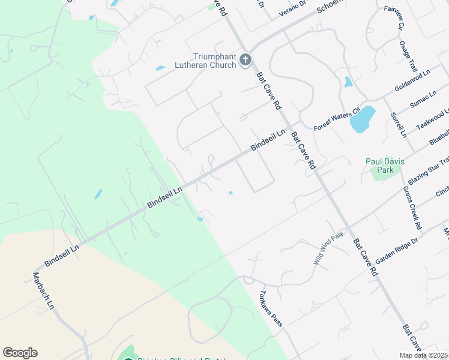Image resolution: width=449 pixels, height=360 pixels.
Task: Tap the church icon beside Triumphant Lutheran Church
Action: click(245, 59)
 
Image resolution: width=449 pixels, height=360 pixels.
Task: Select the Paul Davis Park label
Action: click(385, 166)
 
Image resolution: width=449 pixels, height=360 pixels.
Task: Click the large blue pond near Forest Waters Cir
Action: click(363, 119)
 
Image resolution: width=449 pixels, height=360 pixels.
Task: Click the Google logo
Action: click(20, 353)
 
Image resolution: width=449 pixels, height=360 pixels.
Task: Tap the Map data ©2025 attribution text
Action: click(423, 355)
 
